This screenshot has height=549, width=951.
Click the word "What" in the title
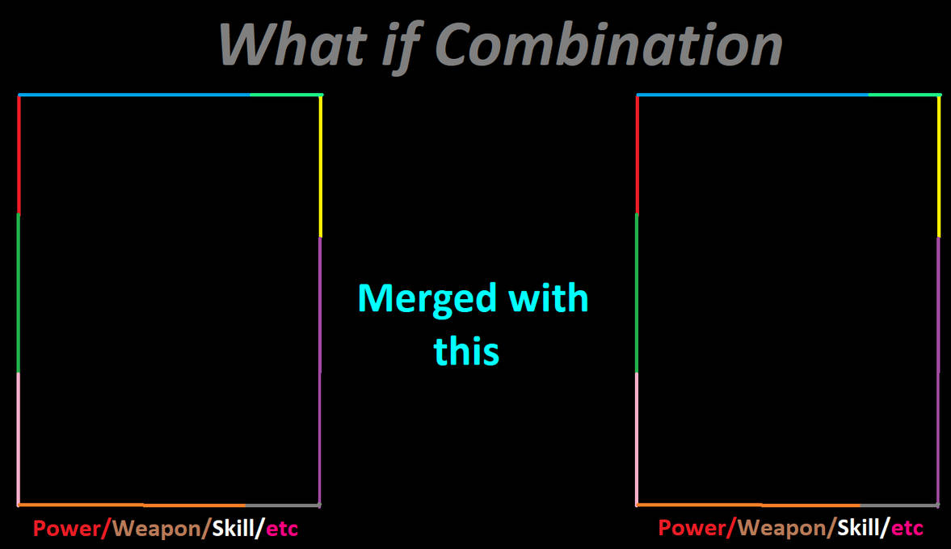[293, 45]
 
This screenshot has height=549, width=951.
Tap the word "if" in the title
[400, 48]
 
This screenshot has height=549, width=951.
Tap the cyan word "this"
[466, 351]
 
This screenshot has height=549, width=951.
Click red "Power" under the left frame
[67, 528]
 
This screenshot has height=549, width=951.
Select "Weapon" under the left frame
[157, 528]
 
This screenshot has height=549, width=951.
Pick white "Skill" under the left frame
[233, 528]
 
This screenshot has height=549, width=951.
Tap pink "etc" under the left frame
[282, 529]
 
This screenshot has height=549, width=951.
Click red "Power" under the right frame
[692, 527]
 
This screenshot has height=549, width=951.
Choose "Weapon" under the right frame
[782, 528]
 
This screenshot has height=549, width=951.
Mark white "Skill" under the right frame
[858, 527]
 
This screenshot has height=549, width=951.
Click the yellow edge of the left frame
[320, 167]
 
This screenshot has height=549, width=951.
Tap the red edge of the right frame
[637, 154]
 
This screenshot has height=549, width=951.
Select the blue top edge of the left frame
[134, 95]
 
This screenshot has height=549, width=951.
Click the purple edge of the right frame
[938, 370]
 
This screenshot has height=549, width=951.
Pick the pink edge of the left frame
[19, 438]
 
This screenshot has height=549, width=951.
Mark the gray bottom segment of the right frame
[899, 505]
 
